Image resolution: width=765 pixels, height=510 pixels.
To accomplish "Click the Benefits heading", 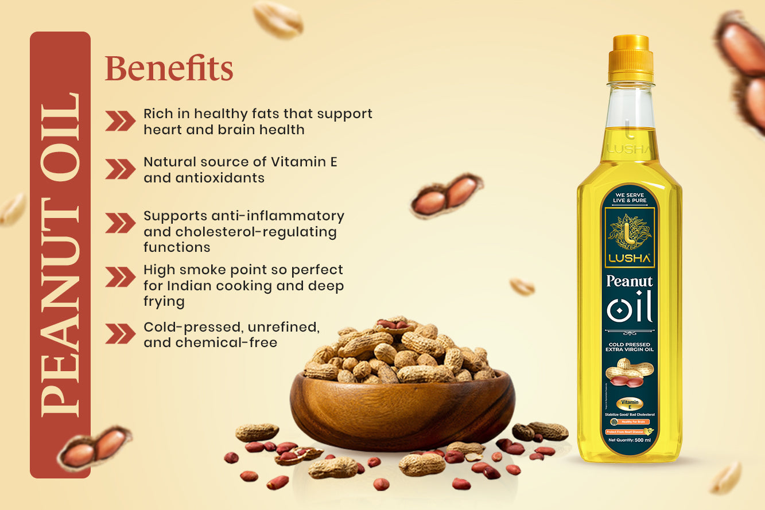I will point(169,69).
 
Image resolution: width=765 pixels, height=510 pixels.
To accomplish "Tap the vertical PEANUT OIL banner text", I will point(60,254).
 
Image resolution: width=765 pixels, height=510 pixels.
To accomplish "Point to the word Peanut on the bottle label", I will point(630,282).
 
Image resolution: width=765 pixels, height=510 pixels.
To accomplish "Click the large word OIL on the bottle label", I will point(630,310).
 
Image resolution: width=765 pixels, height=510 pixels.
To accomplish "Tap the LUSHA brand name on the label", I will point(630,259).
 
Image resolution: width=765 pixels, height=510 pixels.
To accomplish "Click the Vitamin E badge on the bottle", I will point(629,404).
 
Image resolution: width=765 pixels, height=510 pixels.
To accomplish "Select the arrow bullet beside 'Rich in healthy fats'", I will point(120,121).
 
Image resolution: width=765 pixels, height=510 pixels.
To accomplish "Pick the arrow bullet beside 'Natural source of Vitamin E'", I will point(120,169).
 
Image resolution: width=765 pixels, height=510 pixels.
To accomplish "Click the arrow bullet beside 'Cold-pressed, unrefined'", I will point(120,334).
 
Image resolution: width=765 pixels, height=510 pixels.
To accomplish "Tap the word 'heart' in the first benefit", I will point(161,130).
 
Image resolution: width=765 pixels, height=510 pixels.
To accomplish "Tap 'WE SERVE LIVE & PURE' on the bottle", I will point(630,197).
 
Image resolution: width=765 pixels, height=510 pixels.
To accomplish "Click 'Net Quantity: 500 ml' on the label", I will point(630,441).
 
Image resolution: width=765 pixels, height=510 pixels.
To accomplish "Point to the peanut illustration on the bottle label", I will point(629,372).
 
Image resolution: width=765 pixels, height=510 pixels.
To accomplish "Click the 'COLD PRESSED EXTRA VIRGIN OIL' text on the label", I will point(630,347).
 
